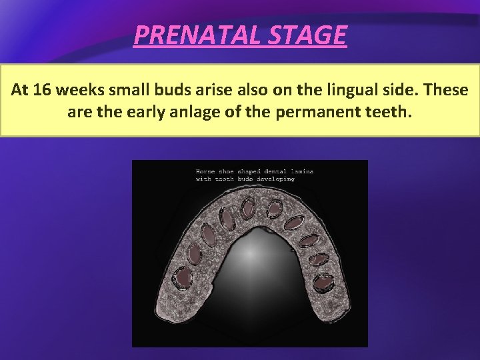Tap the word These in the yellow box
pyautogui.click(x=446, y=89)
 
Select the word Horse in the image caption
pyautogui.click(x=206, y=171)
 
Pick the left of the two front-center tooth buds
pyautogui.click(x=247, y=208)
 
